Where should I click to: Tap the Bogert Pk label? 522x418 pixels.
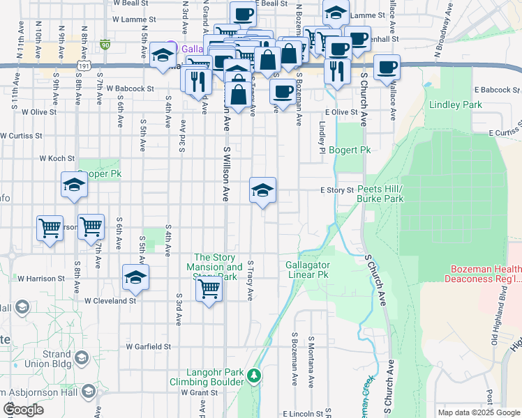click(x=350, y=150)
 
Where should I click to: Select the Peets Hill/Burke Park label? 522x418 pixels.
click(x=380, y=194)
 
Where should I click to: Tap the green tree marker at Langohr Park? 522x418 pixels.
click(x=255, y=376)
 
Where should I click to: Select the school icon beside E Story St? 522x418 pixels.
click(x=262, y=190)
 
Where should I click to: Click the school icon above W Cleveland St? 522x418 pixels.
click(x=135, y=277)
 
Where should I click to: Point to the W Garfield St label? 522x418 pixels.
click(x=149, y=346)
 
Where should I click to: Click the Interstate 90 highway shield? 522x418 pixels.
click(x=105, y=45)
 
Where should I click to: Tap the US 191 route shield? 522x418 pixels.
click(x=84, y=65)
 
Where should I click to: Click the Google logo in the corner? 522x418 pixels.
click(x=24, y=410)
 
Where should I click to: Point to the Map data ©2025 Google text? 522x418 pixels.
click(x=478, y=412)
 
